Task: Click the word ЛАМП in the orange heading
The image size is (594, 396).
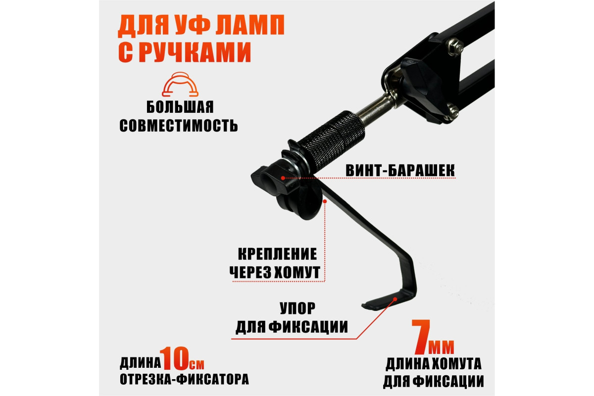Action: (250, 25)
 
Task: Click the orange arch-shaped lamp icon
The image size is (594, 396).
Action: (180, 84)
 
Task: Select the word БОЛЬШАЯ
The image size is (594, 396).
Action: (180, 107)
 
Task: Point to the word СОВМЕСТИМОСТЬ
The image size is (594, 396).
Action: (179, 125)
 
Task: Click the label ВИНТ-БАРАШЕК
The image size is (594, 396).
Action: (400, 170)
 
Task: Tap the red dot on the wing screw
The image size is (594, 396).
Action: (283, 178)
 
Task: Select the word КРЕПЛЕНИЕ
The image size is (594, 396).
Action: (277, 254)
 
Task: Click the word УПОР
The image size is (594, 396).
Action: (297, 308)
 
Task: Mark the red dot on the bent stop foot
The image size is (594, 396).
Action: (395, 299)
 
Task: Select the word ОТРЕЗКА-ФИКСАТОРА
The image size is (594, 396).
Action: (184, 380)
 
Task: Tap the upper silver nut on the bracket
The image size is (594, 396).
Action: (455, 46)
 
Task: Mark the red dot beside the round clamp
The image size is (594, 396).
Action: (325, 201)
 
